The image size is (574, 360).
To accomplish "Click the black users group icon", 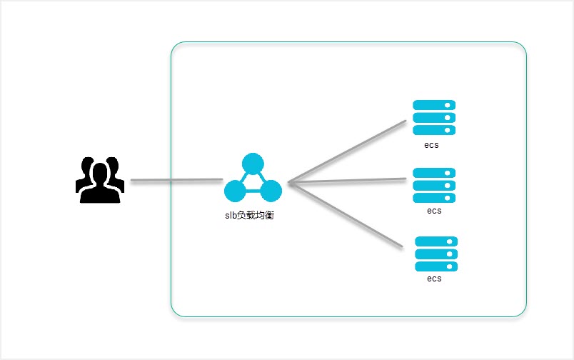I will point(100,179).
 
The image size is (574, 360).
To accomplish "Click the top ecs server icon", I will point(434,118).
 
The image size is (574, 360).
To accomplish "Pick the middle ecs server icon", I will point(434,185).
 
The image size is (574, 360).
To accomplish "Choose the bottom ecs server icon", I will point(436,254).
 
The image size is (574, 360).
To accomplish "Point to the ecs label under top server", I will point(430,145).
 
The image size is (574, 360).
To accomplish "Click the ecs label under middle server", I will point(434,211).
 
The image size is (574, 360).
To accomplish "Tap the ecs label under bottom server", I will point(434,279).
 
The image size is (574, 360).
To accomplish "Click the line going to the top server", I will point(346,151).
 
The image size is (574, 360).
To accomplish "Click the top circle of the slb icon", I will point(253,164).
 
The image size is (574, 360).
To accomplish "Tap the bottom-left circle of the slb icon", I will point(235,191).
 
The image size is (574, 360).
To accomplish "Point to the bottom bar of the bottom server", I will point(436,266).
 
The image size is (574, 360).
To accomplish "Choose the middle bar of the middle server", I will point(434,185).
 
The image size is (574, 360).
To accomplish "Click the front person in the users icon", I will point(100,184).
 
